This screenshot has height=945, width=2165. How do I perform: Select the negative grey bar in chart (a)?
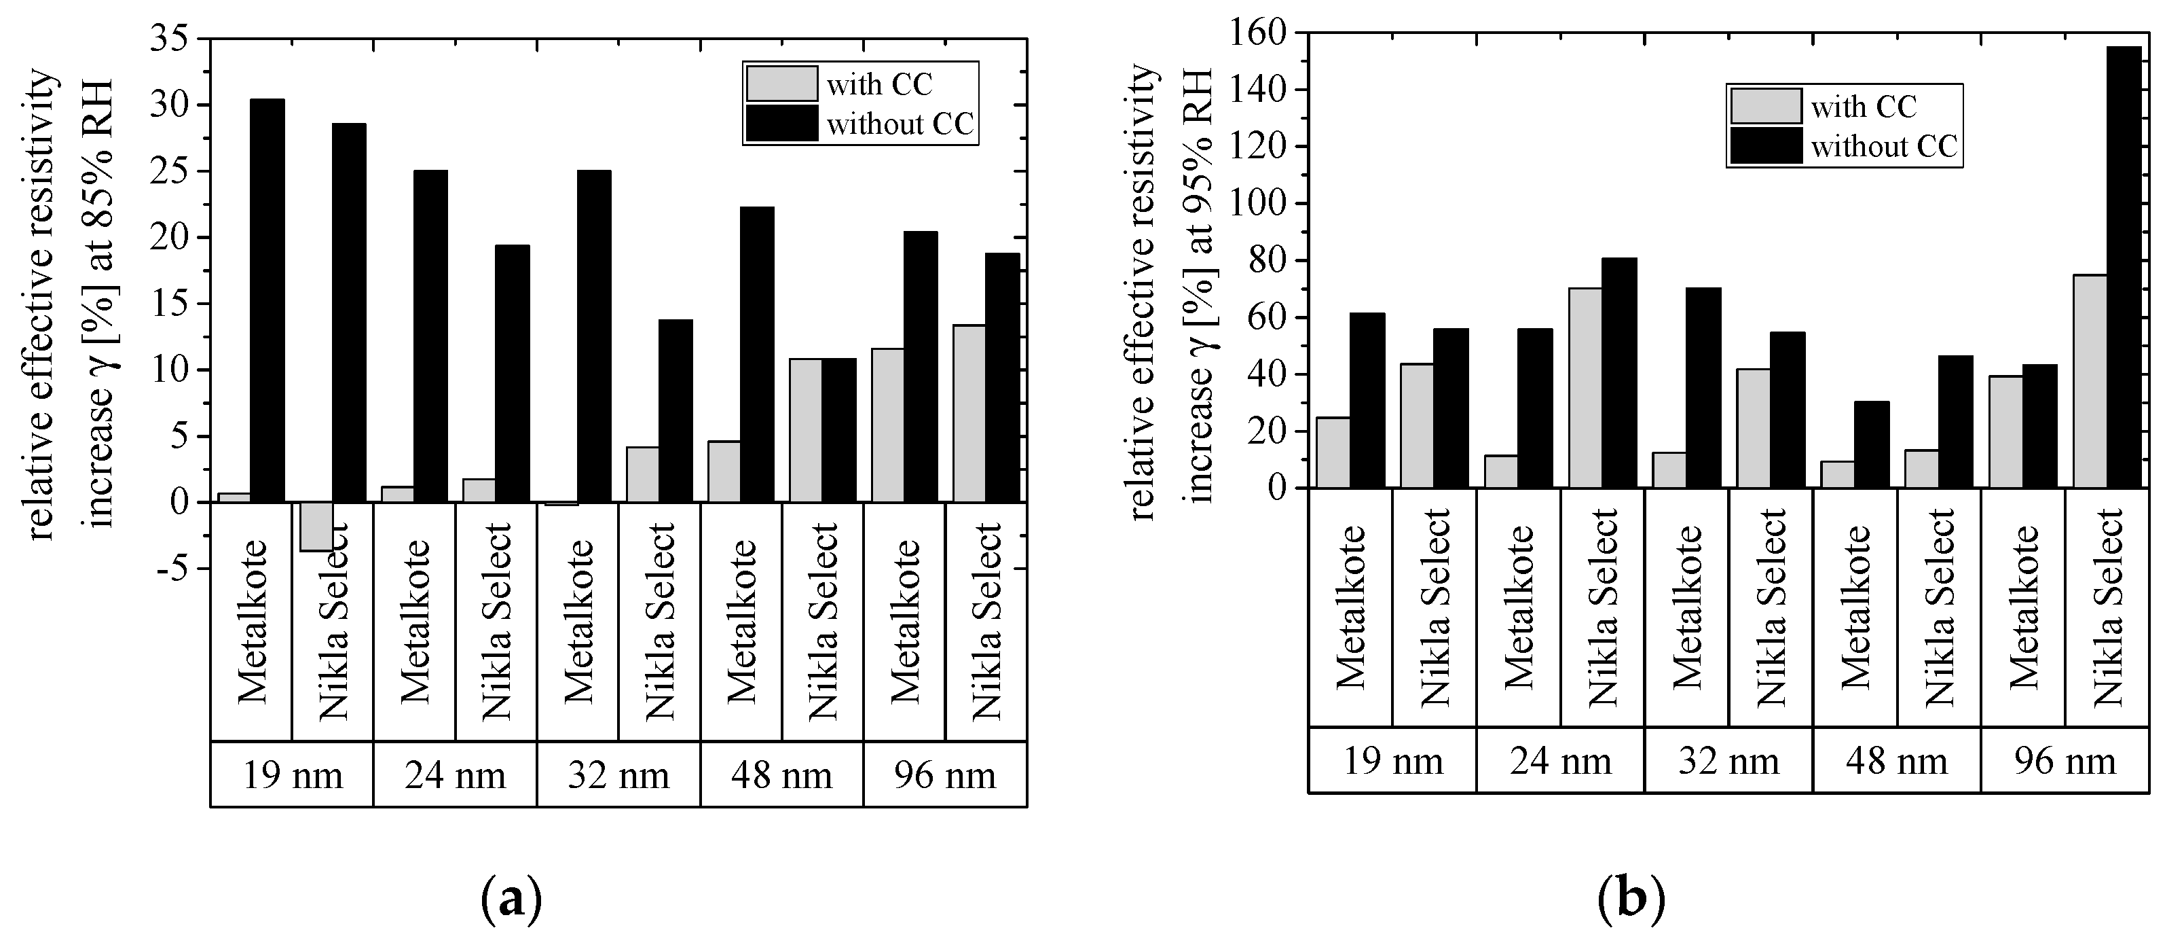(x=316, y=527)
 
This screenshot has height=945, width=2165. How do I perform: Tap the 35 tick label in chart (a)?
(x=173, y=39)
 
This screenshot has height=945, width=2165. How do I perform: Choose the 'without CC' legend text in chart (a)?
(x=900, y=124)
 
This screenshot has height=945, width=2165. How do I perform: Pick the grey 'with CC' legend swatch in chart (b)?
(x=1765, y=106)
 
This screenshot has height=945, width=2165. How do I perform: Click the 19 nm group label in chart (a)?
(x=293, y=774)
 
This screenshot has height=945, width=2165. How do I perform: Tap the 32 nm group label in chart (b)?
(x=1728, y=761)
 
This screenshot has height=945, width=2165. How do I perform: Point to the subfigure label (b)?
(x=1631, y=900)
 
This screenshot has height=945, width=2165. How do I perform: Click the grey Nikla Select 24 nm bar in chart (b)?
(x=1585, y=388)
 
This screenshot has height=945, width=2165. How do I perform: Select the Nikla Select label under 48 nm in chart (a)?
(x=823, y=622)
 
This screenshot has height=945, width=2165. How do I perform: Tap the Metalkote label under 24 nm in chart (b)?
(x=1518, y=607)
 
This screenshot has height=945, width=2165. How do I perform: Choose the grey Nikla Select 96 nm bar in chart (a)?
(x=969, y=414)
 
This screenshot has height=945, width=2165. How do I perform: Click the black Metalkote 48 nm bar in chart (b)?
(x=1872, y=445)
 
